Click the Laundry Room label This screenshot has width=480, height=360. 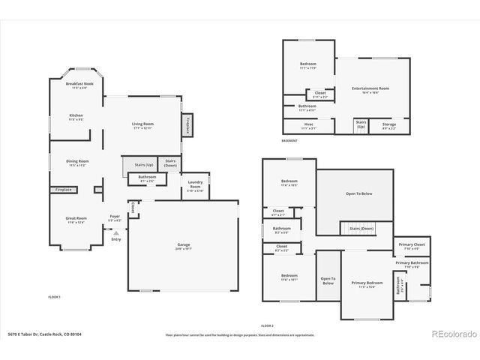pyautogui.click(x=194, y=185)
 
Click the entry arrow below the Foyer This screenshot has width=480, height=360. pyautogui.click(x=115, y=233)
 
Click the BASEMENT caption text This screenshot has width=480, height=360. pyautogui.click(x=289, y=140)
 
